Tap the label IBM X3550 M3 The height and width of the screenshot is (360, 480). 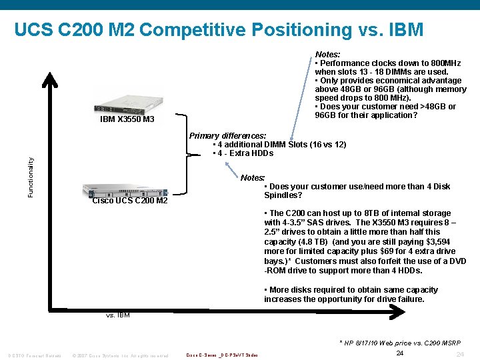[x=127, y=119]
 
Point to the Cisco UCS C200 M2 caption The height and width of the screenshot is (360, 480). [x=129, y=201]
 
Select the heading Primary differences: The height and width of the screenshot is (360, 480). [x=227, y=136]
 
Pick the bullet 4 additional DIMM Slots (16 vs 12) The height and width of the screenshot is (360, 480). [x=280, y=145]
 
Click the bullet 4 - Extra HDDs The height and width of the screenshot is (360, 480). [x=243, y=153]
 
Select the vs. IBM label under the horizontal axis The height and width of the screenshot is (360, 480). [x=118, y=315]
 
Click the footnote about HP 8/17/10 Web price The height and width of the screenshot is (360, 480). [x=399, y=343]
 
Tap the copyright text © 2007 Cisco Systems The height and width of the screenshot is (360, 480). [x=120, y=355]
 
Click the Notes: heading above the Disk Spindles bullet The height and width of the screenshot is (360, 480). [x=253, y=178]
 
